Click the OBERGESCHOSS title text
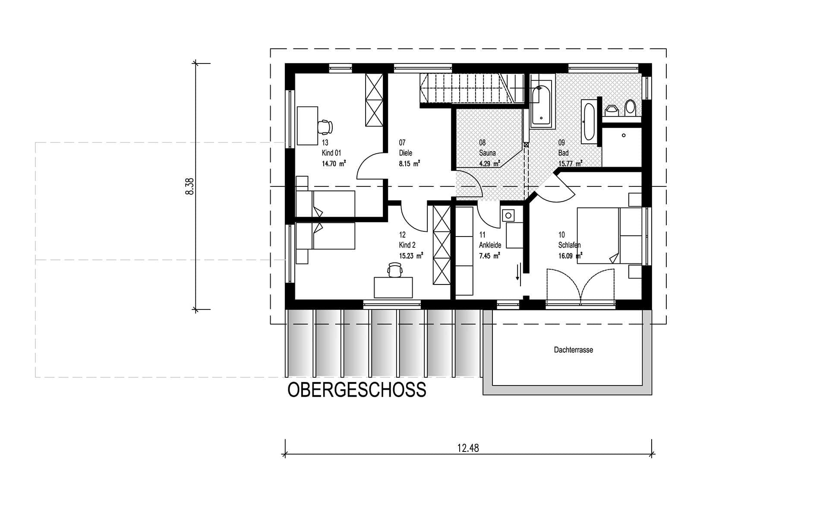357,390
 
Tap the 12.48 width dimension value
468,448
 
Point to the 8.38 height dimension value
189,186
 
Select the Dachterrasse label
573,350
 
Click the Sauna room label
487,153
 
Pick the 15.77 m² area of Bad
570,164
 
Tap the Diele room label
406,153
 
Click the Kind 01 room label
331,153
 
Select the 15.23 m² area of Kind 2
411,256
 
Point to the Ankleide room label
490,245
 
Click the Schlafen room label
569,245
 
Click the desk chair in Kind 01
325,127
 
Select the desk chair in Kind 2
395,269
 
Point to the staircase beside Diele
472,88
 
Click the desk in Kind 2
393,287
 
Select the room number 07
402,142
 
